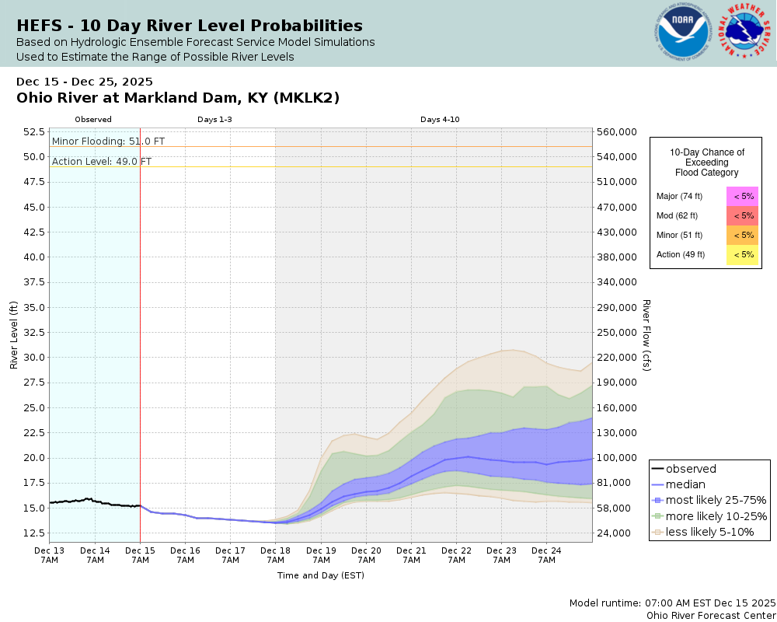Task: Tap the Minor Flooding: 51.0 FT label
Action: tap(108, 141)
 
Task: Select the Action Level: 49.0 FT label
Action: tap(102, 161)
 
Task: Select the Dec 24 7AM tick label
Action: tap(546, 554)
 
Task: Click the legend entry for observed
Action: tap(692, 469)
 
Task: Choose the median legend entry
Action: tap(686, 484)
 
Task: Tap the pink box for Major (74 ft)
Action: tap(743, 196)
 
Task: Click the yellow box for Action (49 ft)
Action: tap(743, 254)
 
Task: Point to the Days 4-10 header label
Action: tap(440, 120)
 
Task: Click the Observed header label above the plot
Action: tap(93, 120)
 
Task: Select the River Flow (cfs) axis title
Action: tap(646, 335)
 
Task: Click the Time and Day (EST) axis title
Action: tap(321, 576)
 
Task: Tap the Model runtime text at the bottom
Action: tap(672, 603)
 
